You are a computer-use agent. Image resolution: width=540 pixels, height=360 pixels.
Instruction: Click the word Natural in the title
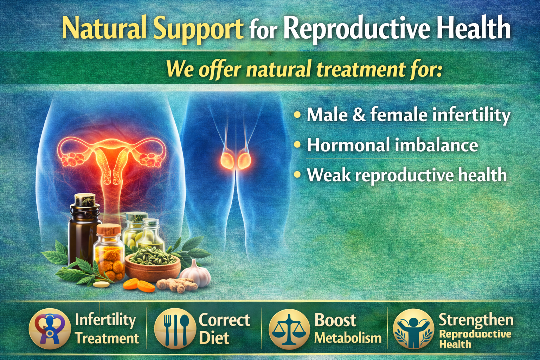coord(104,28)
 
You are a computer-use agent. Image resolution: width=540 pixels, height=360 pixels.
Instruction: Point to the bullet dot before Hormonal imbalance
coord(298,144)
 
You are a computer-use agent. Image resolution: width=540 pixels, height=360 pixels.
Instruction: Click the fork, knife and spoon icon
coord(174,329)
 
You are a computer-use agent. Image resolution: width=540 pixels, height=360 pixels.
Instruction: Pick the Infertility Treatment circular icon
coord(50,329)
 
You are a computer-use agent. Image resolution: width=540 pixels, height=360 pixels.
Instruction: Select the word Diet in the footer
coord(214,338)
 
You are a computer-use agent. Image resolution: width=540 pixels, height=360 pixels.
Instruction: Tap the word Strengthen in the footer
coord(476,320)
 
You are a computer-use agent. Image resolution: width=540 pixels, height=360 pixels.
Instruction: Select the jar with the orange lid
coord(110,253)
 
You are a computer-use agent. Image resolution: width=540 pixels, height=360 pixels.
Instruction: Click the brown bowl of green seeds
coord(153,264)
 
